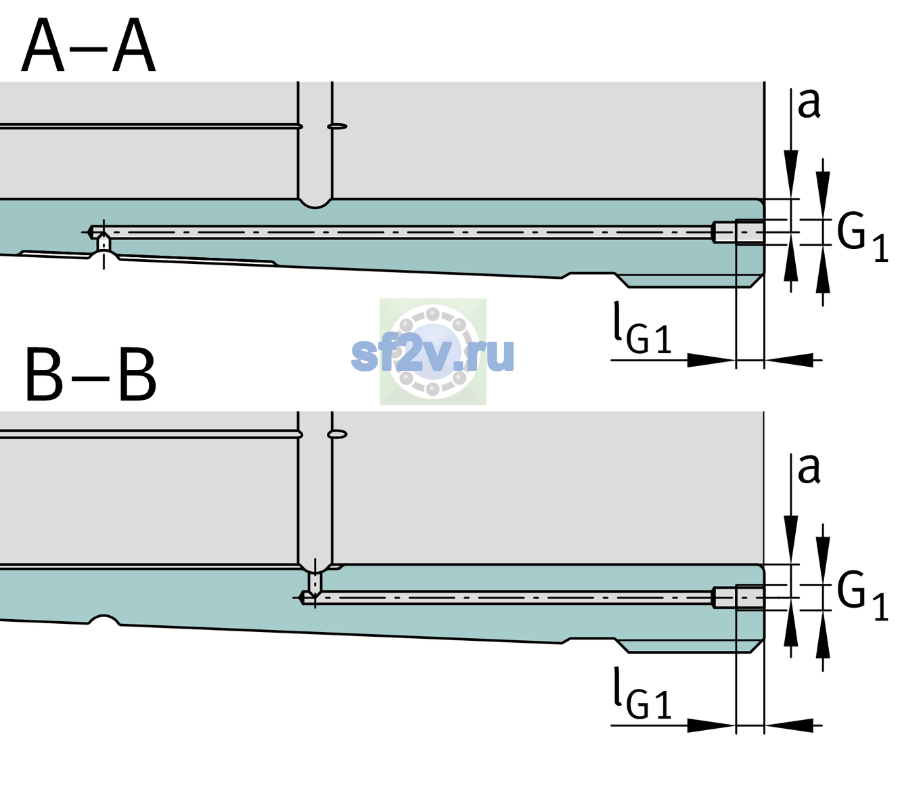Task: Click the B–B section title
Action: (91, 374)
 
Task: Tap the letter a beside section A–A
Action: (809, 104)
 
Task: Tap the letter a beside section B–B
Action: (809, 469)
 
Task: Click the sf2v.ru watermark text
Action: (432, 355)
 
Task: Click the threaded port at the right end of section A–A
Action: (739, 232)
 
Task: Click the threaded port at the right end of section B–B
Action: (739, 597)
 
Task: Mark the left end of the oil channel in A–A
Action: (89, 232)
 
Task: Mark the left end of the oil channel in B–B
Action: (300, 597)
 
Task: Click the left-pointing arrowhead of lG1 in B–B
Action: (789, 725)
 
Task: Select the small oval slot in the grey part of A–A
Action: (338, 127)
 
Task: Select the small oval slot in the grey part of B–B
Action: (338, 434)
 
